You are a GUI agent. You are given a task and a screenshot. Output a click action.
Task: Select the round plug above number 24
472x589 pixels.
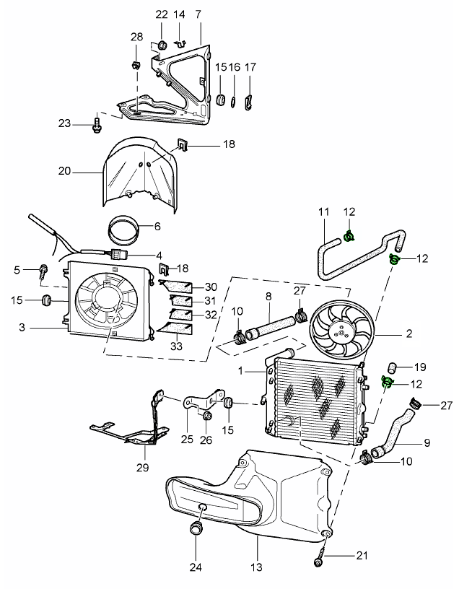(196, 531)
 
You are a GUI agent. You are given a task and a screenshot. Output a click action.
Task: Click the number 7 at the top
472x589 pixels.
(198, 14)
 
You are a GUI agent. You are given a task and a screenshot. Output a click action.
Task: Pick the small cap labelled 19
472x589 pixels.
(395, 366)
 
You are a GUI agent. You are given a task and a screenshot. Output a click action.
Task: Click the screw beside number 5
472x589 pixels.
(44, 271)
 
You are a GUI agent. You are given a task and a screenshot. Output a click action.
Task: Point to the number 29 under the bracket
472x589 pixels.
(143, 468)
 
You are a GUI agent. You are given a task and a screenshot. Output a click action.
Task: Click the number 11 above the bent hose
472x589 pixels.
(323, 212)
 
